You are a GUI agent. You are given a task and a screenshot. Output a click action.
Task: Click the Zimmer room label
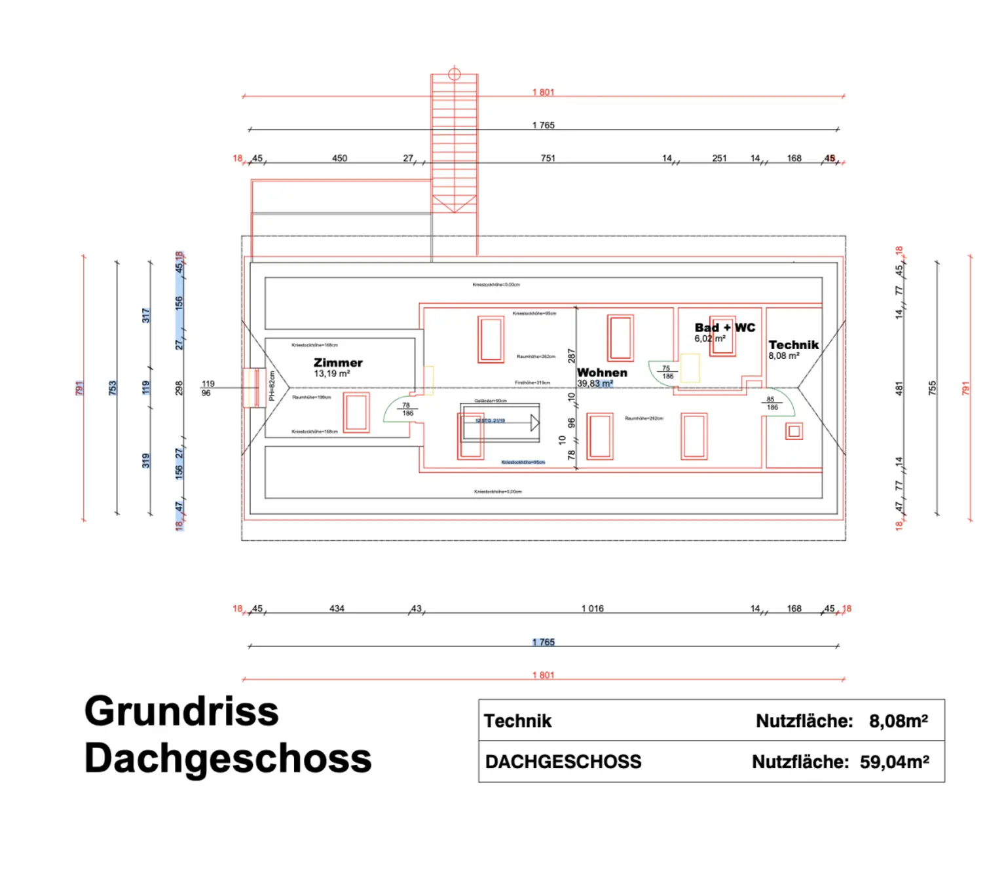[338, 363]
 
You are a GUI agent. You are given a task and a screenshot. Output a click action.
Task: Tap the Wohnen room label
[602, 373]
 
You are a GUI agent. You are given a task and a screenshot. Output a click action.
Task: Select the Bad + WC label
[724, 327]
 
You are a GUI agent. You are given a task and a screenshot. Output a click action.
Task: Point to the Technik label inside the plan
[793, 345]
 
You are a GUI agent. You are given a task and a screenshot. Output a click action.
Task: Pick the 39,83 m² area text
[595, 384]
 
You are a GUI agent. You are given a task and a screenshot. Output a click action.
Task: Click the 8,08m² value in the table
[898, 721]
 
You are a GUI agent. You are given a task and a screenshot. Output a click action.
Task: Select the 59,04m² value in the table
[894, 762]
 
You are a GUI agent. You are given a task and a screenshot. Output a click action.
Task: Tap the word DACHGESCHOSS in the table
[563, 762]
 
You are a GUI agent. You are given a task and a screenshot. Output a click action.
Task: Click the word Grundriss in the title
[181, 711]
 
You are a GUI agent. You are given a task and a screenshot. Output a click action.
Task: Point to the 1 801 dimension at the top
[543, 92]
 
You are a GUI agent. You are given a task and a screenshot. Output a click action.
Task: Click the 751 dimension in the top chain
[548, 158]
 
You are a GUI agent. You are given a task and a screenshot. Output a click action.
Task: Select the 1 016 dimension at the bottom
[592, 609]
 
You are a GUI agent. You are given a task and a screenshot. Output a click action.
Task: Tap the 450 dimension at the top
[339, 158]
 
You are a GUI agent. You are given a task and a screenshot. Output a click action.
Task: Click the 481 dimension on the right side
[899, 388]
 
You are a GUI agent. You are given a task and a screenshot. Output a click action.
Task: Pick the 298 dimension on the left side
[179, 388]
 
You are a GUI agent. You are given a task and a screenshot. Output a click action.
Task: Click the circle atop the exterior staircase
[455, 74]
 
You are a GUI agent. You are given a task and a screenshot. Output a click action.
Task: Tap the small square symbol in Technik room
[794, 432]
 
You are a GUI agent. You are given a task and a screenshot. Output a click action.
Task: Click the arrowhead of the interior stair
[534, 423]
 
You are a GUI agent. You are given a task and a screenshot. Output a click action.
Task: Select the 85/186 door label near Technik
[772, 403]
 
